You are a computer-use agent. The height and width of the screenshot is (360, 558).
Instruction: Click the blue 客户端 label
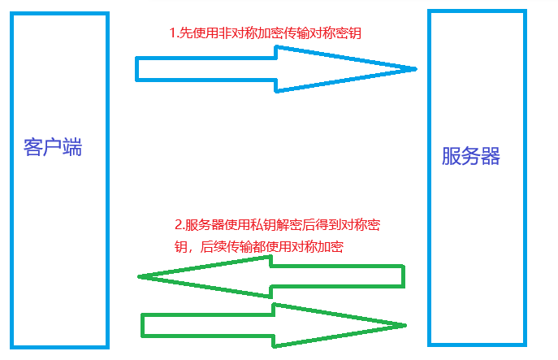pos(54,149)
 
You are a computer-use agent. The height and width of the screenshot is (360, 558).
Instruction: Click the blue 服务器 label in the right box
pos(471,157)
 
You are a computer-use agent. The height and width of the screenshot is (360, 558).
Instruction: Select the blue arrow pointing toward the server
pos(276,68)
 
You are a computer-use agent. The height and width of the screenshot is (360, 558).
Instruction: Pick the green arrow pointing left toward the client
pos(272,277)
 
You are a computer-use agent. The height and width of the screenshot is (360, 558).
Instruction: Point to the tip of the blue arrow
pos(414,69)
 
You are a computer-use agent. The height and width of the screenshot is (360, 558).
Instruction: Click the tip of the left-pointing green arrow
pos(141,277)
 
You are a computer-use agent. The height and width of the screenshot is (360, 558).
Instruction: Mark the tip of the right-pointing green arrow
pos(404,326)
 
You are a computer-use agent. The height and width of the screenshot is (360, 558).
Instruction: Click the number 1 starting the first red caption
pos(172,34)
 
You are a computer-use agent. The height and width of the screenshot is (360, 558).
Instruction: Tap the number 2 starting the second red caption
pos(179,225)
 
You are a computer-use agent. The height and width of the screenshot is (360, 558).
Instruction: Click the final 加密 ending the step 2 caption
pos(331,247)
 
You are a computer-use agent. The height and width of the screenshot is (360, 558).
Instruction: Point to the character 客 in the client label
pos(34,149)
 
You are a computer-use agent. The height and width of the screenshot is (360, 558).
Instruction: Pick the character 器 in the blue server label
pos(491,157)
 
